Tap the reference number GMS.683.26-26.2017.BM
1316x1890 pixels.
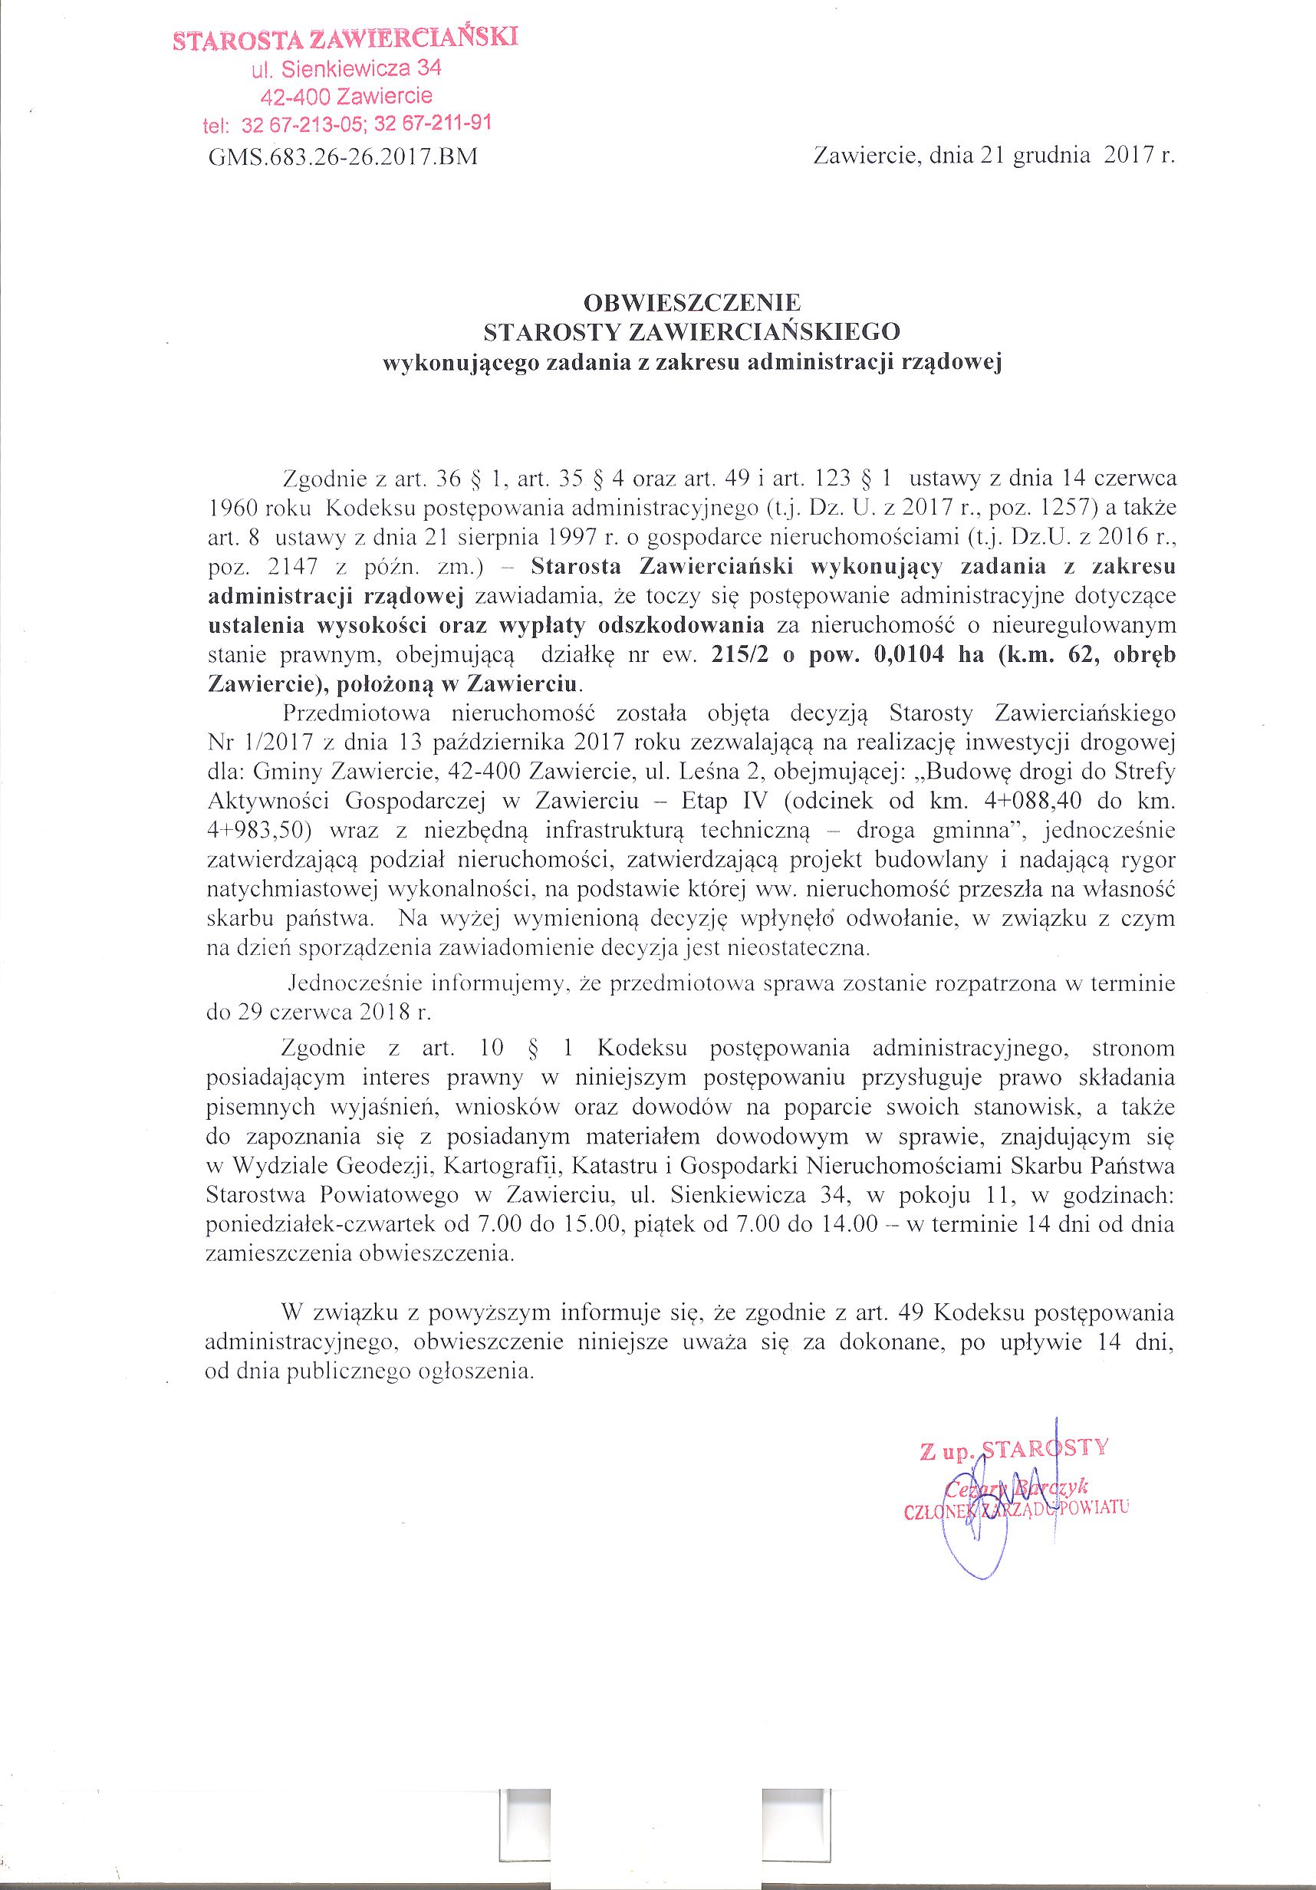[x=344, y=156]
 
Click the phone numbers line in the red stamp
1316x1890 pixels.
[x=347, y=126]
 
